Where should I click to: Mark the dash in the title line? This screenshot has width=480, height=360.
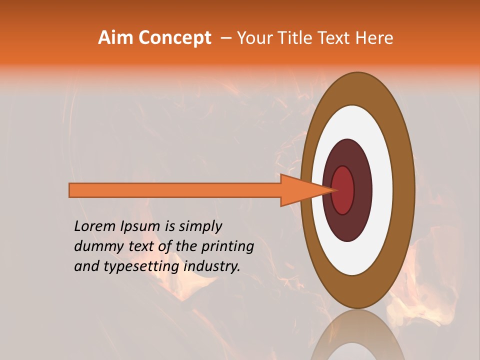pyautogui.click(x=226, y=38)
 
